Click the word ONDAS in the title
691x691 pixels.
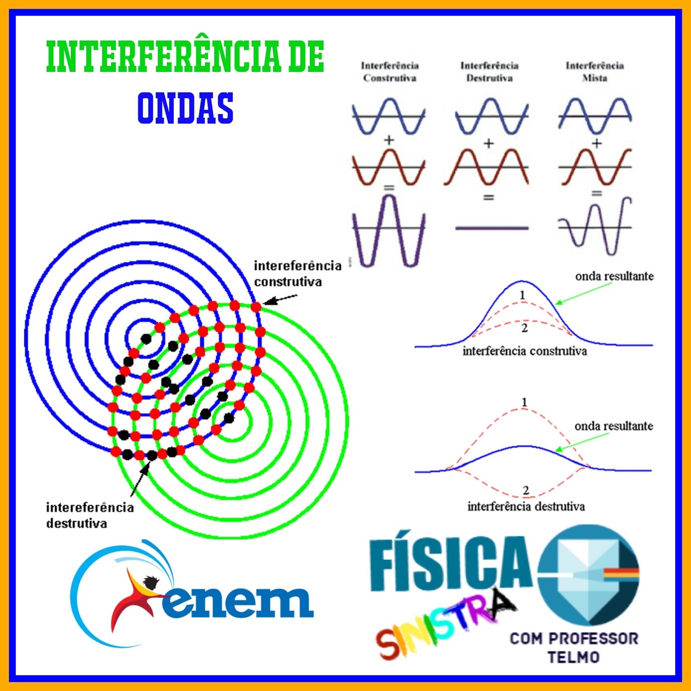185,108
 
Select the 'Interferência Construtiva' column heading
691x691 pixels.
390,72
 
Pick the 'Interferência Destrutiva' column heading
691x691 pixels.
489,72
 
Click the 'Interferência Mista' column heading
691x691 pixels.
595,72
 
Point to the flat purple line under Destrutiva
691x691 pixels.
492,228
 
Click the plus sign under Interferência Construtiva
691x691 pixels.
389,140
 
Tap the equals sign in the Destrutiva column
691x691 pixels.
488,197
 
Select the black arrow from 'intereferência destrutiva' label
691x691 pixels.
139,479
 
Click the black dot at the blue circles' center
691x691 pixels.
146,339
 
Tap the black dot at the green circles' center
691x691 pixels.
229,418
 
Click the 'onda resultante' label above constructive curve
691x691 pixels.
614,276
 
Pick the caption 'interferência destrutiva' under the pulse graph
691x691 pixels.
526,506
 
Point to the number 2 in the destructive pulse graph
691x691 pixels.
526,490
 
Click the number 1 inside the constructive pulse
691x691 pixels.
523,295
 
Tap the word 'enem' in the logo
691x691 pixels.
238,602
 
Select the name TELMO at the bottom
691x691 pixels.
574,657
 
